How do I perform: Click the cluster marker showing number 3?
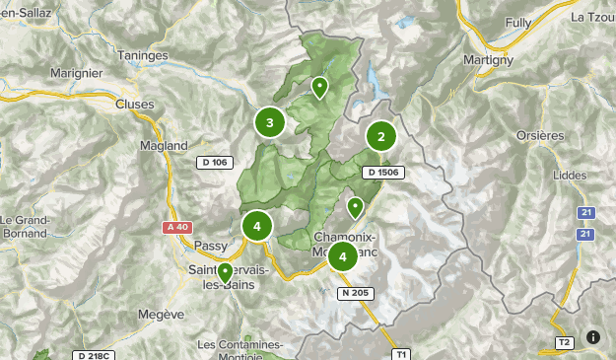click(270, 122)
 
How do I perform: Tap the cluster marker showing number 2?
click(381, 136)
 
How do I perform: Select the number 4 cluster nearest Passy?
click(257, 226)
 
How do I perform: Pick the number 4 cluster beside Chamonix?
click(342, 257)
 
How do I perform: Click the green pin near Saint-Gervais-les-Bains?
click(225, 271)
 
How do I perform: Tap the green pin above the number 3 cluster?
click(319, 88)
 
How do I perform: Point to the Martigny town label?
click(487, 60)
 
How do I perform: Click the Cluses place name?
click(135, 104)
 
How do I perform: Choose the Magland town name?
click(164, 145)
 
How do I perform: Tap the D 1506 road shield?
click(383, 173)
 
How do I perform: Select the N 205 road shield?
click(357, 293)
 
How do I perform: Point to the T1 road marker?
click(400, 353)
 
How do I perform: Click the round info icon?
click(593, 336)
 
